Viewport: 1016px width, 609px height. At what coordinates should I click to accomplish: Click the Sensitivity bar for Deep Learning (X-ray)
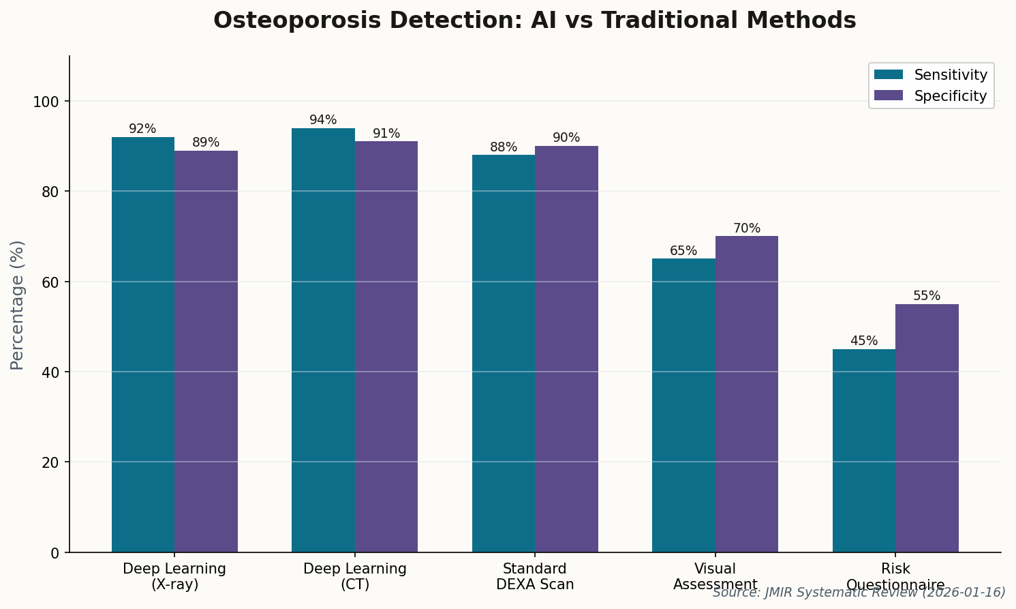tap(143, 344)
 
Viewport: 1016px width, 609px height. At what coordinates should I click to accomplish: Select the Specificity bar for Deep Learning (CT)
tap(386, 346)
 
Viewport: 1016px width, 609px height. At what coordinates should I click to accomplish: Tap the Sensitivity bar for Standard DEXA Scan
tap(504, 353)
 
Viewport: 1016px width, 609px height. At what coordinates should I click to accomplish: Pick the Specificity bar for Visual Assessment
tap(747, 394)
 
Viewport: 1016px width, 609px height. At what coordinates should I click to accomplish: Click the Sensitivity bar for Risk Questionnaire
tap(864, 451)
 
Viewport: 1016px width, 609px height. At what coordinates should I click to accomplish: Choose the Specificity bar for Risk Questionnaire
tap(927, 428)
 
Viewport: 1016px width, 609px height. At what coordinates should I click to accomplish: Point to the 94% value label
tap(323, 120)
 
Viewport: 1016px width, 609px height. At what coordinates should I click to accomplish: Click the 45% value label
tap(864, 341)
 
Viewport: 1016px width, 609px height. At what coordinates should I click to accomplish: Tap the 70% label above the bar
tap(747, 228)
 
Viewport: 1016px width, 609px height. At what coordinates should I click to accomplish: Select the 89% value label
tap(206, 143)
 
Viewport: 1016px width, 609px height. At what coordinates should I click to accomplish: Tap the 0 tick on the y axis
tap(55, 552)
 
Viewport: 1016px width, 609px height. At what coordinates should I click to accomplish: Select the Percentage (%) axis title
tap(18, 305)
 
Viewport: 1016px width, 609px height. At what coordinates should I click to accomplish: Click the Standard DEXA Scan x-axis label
tap(535, 576)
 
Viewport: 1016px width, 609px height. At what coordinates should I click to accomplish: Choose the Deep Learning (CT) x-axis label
tap(355, 576)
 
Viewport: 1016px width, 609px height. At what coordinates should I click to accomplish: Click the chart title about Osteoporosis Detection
tap(535, 20)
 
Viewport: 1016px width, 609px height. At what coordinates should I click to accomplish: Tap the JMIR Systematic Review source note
tap(859, 593)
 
